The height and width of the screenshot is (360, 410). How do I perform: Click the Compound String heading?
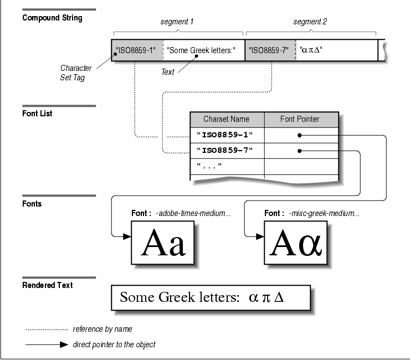point(52,18)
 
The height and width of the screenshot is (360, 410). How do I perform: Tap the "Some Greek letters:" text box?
point(201,50)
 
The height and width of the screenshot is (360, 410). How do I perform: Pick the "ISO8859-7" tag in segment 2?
point(269,50)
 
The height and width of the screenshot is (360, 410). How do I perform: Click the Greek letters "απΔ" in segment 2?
point(311,50)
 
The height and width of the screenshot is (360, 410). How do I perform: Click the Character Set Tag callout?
point(76,73)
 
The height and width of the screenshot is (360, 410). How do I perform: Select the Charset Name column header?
point(227,119)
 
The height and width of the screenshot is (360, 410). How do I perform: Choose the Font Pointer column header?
point(300,119)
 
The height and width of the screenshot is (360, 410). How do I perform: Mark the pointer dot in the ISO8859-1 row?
point(300,135)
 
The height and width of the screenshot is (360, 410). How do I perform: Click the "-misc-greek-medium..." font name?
point(323,213)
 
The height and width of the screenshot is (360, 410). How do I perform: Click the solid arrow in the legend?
point(47,344)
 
